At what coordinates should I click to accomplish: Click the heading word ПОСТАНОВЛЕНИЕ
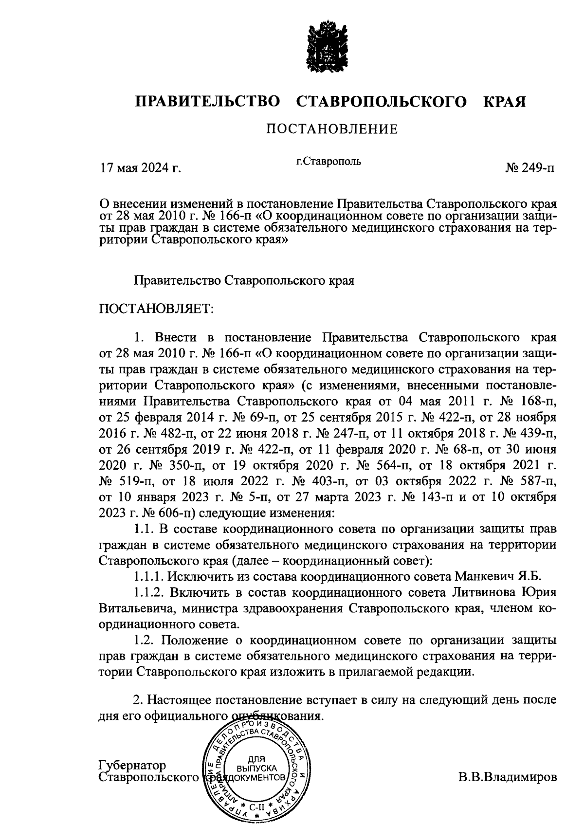coord(331,129)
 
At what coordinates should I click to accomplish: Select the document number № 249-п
coord(529,168)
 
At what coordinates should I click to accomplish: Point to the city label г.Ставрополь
coord(329,161)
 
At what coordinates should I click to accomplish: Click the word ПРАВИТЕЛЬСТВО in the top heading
coord(208,102)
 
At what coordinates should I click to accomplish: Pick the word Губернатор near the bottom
coord(132,766)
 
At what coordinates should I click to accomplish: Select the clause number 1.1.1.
coord(149,577)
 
